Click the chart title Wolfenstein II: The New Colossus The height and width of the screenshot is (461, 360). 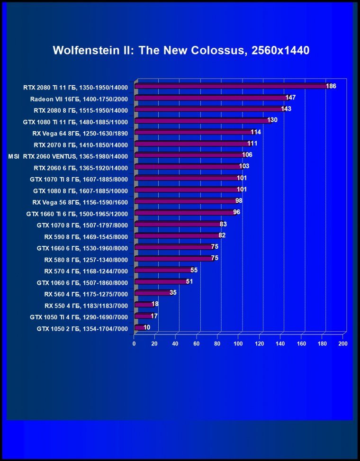[181, 50]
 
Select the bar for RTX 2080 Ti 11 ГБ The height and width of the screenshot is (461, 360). [230, 86]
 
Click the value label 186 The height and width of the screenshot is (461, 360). [331, 86]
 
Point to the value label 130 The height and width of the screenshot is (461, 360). [272, 120]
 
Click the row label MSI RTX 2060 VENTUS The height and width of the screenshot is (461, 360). [68, 155]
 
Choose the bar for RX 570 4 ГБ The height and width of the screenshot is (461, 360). [162, 271]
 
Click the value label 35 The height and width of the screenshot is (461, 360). [173, 293]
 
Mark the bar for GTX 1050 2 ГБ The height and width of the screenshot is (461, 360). [139, 327]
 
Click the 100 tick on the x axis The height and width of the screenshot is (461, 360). [238, 343]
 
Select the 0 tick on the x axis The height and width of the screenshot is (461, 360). [134, 343]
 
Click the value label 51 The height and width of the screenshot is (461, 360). [189, 281]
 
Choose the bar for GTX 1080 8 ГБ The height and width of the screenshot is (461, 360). [186, 190]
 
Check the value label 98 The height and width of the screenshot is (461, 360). [239, 201]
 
